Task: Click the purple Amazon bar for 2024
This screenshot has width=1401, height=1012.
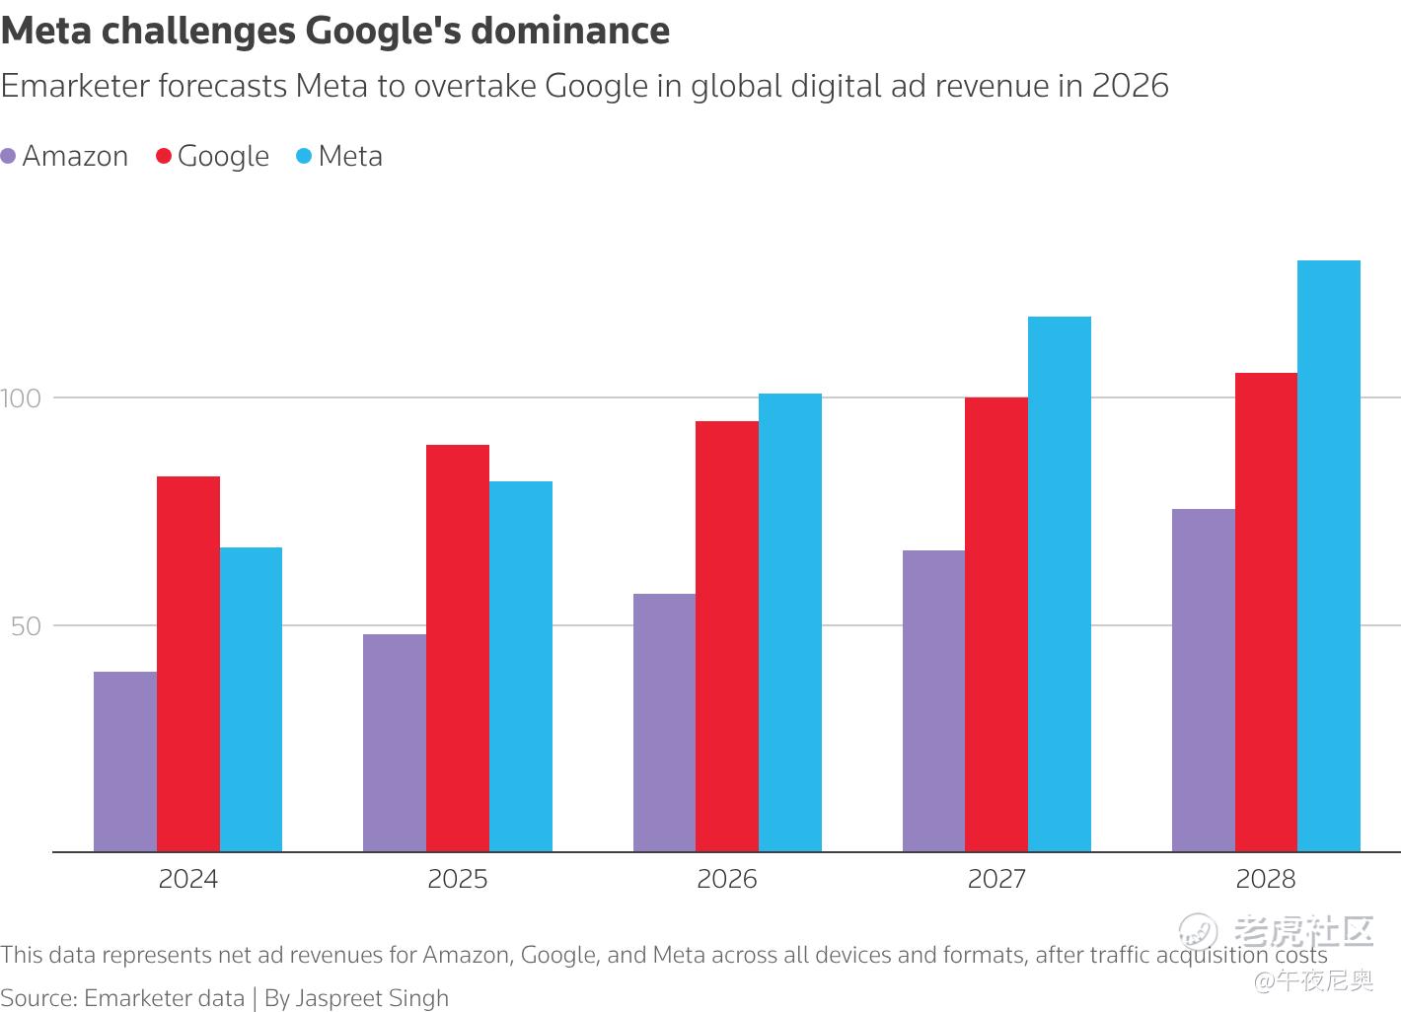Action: point(125,761)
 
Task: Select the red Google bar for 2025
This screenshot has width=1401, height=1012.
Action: point(458,648)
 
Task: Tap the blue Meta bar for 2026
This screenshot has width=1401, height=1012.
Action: point(790,622)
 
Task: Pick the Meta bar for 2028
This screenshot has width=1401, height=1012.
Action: point(1329,555)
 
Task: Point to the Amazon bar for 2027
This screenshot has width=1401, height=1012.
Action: point(933,700)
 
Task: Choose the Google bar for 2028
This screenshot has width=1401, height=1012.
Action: point(1266,612)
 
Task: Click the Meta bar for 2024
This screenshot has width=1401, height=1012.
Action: point(251,699)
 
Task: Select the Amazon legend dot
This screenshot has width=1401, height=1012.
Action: point(9,157)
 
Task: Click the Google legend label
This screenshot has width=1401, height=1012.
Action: point(223,157)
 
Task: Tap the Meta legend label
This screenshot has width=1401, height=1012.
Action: point(350,157)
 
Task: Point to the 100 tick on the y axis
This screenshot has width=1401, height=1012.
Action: point(21,398)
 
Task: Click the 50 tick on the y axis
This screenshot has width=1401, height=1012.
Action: point(27,626)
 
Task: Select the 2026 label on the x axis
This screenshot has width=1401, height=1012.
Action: point(727,879)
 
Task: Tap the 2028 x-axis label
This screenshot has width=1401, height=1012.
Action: point(1266,879)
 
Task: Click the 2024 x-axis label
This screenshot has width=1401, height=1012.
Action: point(188,879)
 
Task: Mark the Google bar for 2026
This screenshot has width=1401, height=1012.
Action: point(727,636)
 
